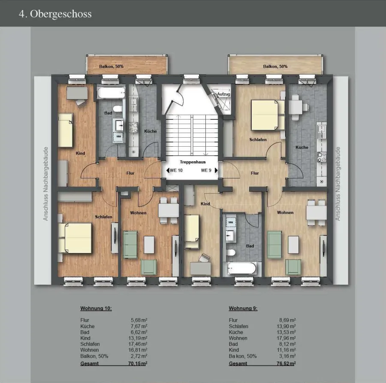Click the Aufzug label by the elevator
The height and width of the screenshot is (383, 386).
[x=223, y=94]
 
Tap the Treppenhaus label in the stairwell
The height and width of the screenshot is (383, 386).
[x=193, y=162]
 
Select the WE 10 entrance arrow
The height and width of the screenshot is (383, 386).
[x=168, y=170]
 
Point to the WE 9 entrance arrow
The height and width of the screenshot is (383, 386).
[x=217, y=170]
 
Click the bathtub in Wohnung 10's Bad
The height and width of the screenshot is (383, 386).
[x=111, y=93]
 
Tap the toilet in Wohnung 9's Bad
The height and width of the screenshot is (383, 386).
[x=231, y=252]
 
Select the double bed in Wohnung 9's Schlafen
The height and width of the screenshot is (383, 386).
[x=268, y=115]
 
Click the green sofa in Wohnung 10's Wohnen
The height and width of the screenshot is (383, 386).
[x=130, y=244]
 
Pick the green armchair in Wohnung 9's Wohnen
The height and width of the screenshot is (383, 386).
[x=293, y=267]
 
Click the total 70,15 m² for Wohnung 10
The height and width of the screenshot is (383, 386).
[x=138, y=364]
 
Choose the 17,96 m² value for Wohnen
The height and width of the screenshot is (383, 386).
[x=286, y=338]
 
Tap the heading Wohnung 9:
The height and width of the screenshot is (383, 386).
[x=243, y=308]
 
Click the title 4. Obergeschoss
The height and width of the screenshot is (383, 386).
[x=55, y=14]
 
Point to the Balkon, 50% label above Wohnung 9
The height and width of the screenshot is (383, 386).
[x=275, y=66]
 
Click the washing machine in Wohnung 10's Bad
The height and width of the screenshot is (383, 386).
[x=119, y=137]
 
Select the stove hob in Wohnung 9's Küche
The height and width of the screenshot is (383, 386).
[x=322, y=157]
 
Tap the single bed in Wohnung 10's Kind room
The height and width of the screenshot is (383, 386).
[x=65, y=130]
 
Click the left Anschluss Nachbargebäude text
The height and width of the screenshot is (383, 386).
[x=46, y=184]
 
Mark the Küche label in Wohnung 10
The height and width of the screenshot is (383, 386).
[x=151, y=131]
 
